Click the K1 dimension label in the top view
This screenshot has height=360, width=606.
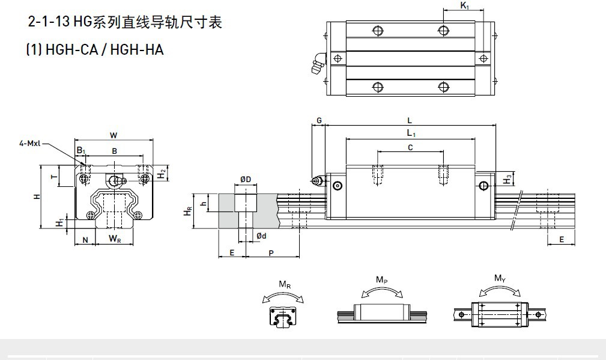pyautogui.click(x=464, y=5)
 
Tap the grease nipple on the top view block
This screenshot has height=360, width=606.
pyautogui.click(x=317, y=64)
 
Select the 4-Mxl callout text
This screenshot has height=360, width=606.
pyautogui.click(x=29, y=143)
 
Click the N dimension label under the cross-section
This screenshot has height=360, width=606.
pyautogui.click(x=85, y=240)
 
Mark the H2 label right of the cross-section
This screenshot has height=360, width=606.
pyautogui.click(x=162, y=174)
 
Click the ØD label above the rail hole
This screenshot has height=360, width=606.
pyautogui.click(x=246, y=180)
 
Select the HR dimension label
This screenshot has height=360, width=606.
pyautogui.click(x=187, y=211)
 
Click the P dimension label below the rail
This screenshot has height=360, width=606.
pyautogui.click(x=271, y=253)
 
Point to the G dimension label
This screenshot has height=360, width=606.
pyautogui.click(x=319, y=121)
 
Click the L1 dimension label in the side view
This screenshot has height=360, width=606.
pyautogui.click(x=411, y=132)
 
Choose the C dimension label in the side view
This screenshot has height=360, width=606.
pyautogui.click(x=410, y=147)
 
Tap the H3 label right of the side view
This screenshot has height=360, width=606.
pyautogui.click(x=508, y=178)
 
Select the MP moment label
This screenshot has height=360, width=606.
pyautogui.click(x=381, y=279)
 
